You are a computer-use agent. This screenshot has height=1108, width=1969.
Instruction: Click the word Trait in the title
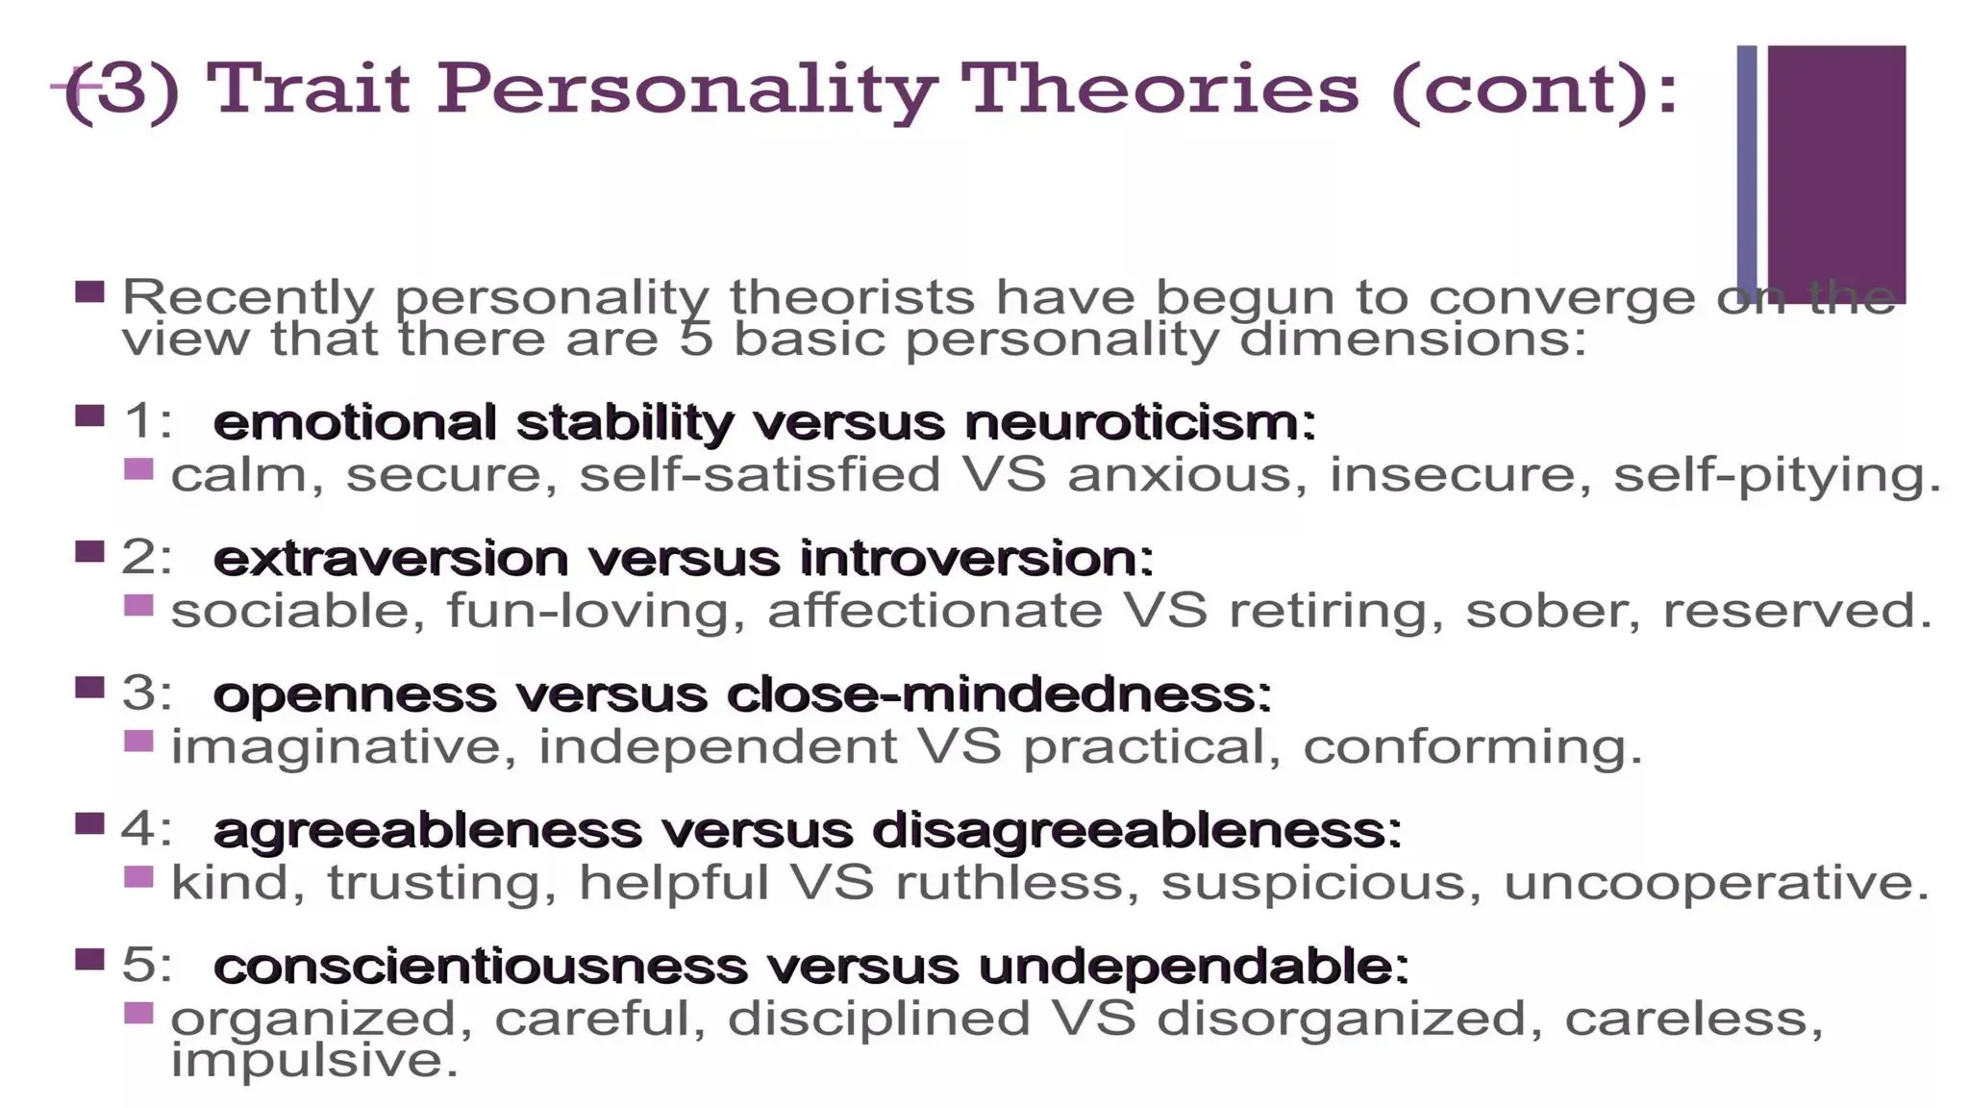[308, 88]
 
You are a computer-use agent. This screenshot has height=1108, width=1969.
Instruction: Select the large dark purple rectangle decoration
[1836, 173]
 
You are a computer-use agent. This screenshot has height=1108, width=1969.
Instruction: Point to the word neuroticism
[1139, 423]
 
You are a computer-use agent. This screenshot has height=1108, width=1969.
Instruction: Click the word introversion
[976, 559]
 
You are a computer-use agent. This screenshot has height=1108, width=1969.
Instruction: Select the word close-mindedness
[999, 694]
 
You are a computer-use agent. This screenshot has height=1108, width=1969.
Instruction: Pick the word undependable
[1193, 967]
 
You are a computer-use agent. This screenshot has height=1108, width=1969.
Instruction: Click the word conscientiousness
[480, 967]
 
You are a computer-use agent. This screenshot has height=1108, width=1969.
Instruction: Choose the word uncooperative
[1716, 883]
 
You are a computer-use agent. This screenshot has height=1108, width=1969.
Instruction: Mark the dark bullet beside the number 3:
[89, 688]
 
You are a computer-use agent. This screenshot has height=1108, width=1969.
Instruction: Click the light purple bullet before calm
[139, 469]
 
